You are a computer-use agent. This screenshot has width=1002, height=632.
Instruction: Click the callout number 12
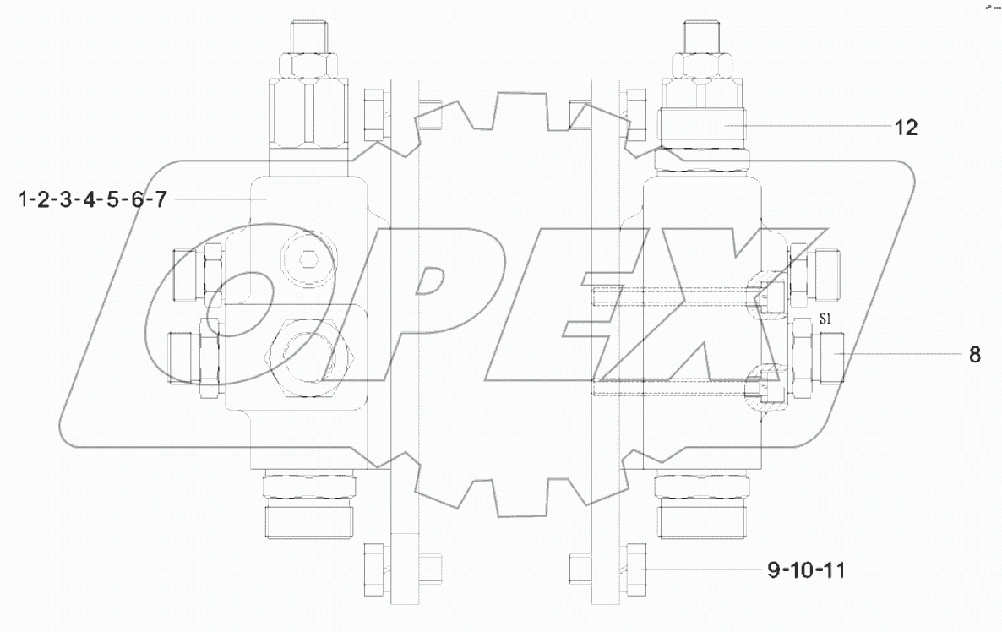point(906,128)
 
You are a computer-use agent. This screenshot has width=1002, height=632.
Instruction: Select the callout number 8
point(974,356)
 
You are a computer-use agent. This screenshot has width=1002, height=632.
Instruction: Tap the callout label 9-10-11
point(806,572)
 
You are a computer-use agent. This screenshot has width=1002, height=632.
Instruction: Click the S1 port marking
point(826,320)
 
